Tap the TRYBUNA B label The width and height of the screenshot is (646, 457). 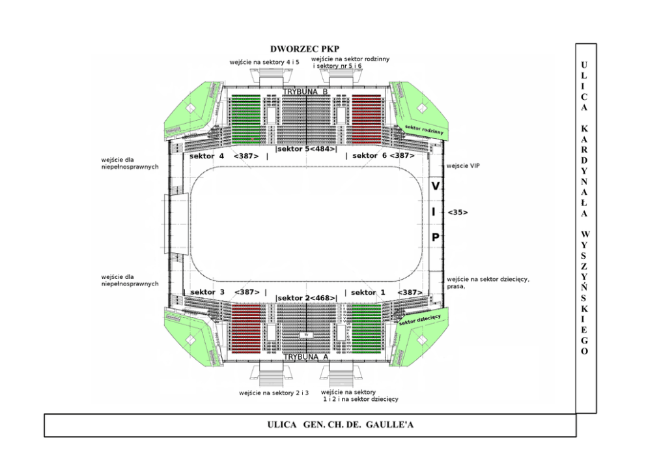pos(305,91)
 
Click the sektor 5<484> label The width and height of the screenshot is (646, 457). pos(307,149)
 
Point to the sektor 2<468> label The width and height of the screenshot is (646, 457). pos(307,298)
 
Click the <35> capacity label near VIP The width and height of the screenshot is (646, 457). pos(458,213)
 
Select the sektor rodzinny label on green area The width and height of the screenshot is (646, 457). pos(424,128)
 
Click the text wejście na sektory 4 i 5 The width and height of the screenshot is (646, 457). pos(264,62)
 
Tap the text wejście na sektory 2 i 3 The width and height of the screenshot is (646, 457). pos(274,393)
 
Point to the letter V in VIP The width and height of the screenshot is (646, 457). pos(435,186)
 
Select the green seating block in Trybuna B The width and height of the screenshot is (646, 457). pos(246,119)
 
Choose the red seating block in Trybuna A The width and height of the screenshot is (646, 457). pos(246,328)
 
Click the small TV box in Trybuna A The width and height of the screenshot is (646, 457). pos(306,334)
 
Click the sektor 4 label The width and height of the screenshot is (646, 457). pos(207,156)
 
